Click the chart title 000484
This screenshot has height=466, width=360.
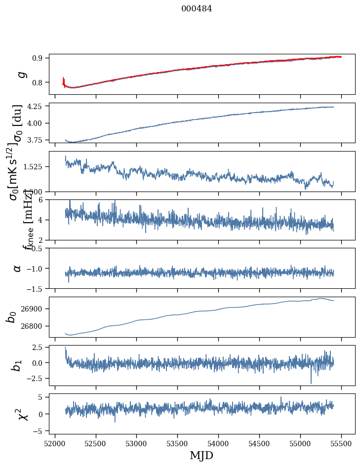tap(197, 8)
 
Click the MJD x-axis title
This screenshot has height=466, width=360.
tap(201, 455)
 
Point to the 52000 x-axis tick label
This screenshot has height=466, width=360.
tap(55, 443)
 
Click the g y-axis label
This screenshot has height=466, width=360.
tap(21, 75)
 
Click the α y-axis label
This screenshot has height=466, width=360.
tap(18, 268)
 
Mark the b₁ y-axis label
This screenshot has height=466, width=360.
tap(18, 365)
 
